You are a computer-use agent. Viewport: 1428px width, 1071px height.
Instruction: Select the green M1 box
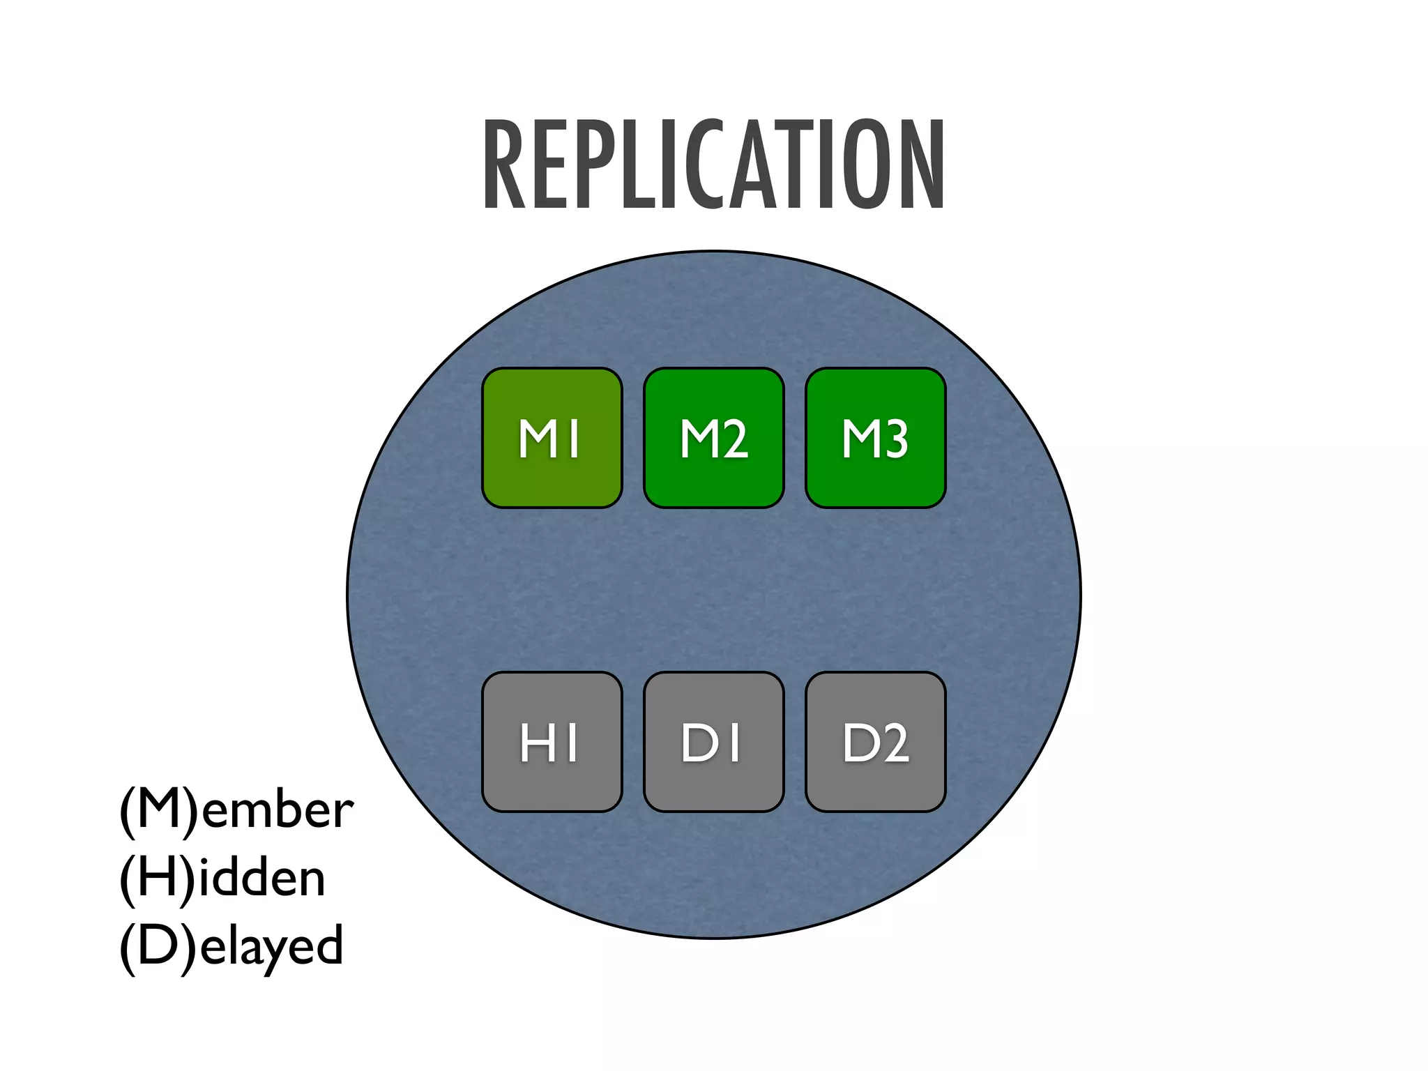pos(552,438)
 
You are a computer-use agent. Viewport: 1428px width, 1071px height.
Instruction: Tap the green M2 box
pos(713,438)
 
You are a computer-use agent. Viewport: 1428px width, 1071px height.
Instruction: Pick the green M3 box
pos(875,438)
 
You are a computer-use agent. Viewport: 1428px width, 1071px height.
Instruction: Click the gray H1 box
pos(552,742)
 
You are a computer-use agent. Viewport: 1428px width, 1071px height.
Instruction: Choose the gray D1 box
pos(713,742)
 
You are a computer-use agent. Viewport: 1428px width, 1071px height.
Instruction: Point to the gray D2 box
pos(875,742)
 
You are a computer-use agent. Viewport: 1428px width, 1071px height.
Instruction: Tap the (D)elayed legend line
pos(231,946)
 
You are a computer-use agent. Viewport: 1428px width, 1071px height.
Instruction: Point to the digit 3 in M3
pos(895,439)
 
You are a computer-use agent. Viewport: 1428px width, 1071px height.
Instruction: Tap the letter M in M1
pos(538,439)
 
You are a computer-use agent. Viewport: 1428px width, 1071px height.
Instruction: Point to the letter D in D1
pos(699,743)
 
